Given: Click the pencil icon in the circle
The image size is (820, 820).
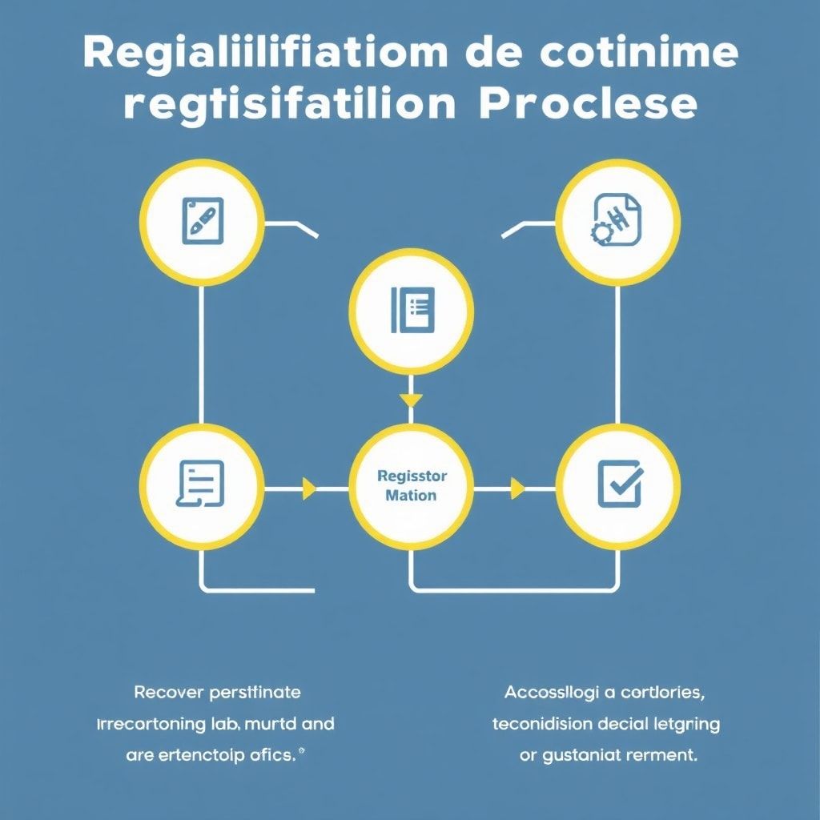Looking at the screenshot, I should tap(202, 221).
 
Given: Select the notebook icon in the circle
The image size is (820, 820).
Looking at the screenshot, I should tap(412, 310).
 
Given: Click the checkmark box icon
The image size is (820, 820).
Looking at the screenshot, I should tap(619, 484).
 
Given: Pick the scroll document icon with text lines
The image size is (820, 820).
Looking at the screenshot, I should tap(199, 484).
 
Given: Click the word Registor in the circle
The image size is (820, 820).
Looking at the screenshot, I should tap(412, 476).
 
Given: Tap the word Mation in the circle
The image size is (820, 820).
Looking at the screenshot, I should tap(411, 496).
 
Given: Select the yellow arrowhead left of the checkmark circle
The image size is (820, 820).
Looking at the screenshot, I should tap(517, 488).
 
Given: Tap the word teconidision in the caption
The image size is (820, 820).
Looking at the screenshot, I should tap(542, 724).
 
